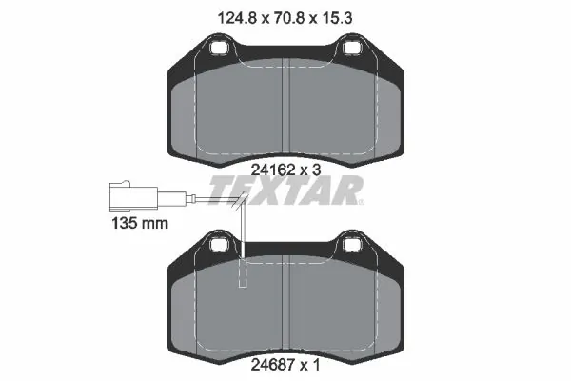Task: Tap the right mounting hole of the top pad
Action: coord(352,47)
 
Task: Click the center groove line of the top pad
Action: coord(285,114)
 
